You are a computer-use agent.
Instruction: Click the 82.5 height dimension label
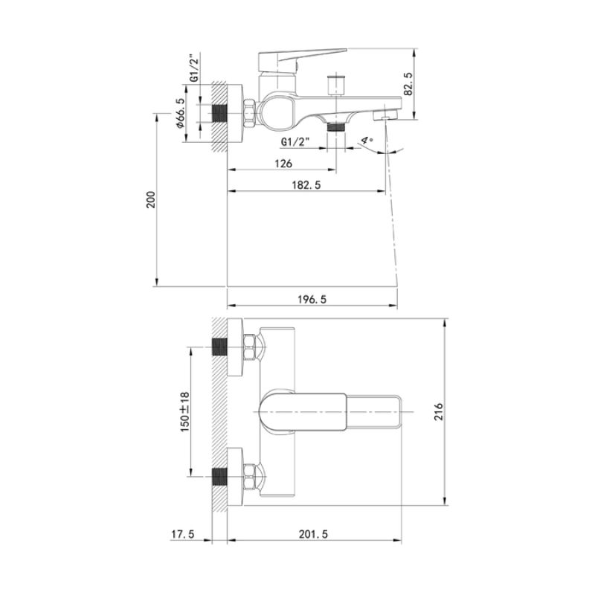click(x=408, y=83)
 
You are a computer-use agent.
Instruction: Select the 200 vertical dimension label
click(x=149, y=199)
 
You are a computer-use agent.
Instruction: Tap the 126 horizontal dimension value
click(x=283, y=164)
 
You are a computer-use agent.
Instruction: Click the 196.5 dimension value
click(x=312, y=299)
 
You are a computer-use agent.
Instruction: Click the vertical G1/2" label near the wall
click(x=193, y=68)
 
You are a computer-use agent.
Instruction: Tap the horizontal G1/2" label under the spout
click(x=295, y=141)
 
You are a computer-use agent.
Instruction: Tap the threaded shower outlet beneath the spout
click(x=338, y=127)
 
